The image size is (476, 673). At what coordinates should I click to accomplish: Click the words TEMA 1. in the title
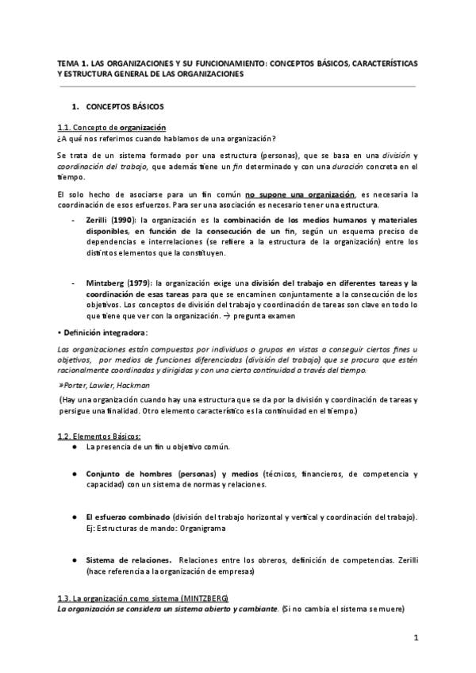(x=74, y=63)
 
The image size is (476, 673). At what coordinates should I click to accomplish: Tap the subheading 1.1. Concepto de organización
(x=111, y=128)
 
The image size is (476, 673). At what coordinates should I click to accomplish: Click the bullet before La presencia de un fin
(x=74, y=447)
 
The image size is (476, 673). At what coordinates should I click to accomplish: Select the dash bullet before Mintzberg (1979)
(x=74, y=283)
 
